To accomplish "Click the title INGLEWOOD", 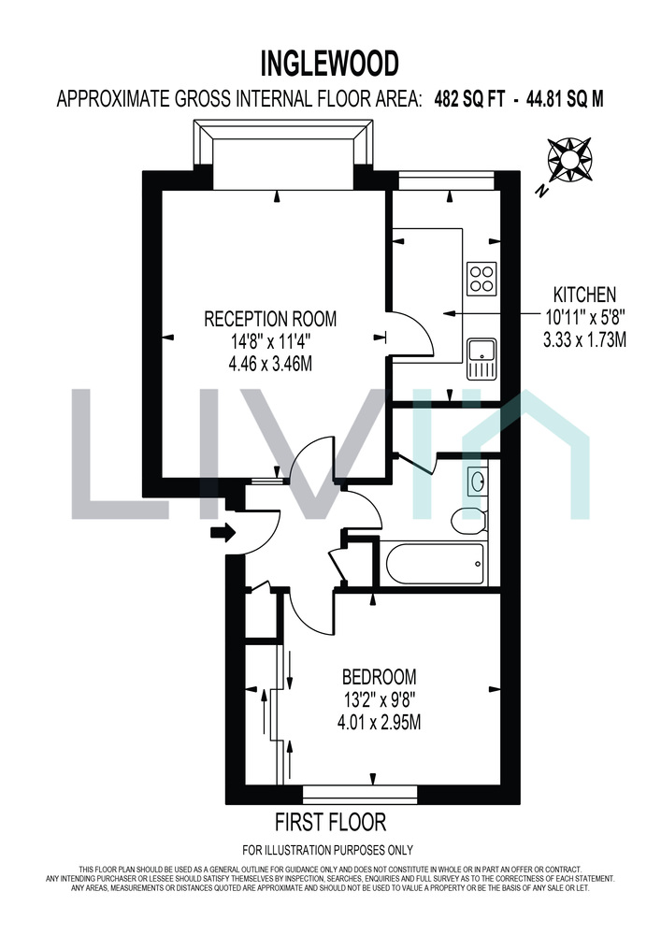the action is click(330, 64).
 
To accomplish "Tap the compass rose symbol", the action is click(569, 159).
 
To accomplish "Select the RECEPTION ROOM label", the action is click(270, 319).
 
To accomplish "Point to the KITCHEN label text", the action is click(584, 295).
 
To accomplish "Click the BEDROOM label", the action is click(379, 677).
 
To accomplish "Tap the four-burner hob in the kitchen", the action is click(481, 278).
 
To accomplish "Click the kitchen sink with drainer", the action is click(481, 359).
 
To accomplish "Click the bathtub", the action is click(435, 564).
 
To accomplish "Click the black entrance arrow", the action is click(223, 532).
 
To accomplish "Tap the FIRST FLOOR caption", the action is click(330, 822).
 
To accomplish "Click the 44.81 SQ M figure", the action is click(565, 98).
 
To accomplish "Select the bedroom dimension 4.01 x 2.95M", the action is click(379, 723).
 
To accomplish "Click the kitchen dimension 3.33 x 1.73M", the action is click(584, 340).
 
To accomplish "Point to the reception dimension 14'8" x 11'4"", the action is click(270, 341).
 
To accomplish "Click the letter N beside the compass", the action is click(541, 190).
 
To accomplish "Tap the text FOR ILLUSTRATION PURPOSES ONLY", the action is click(328, 850).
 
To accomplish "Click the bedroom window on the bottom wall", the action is click(360, 794).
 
